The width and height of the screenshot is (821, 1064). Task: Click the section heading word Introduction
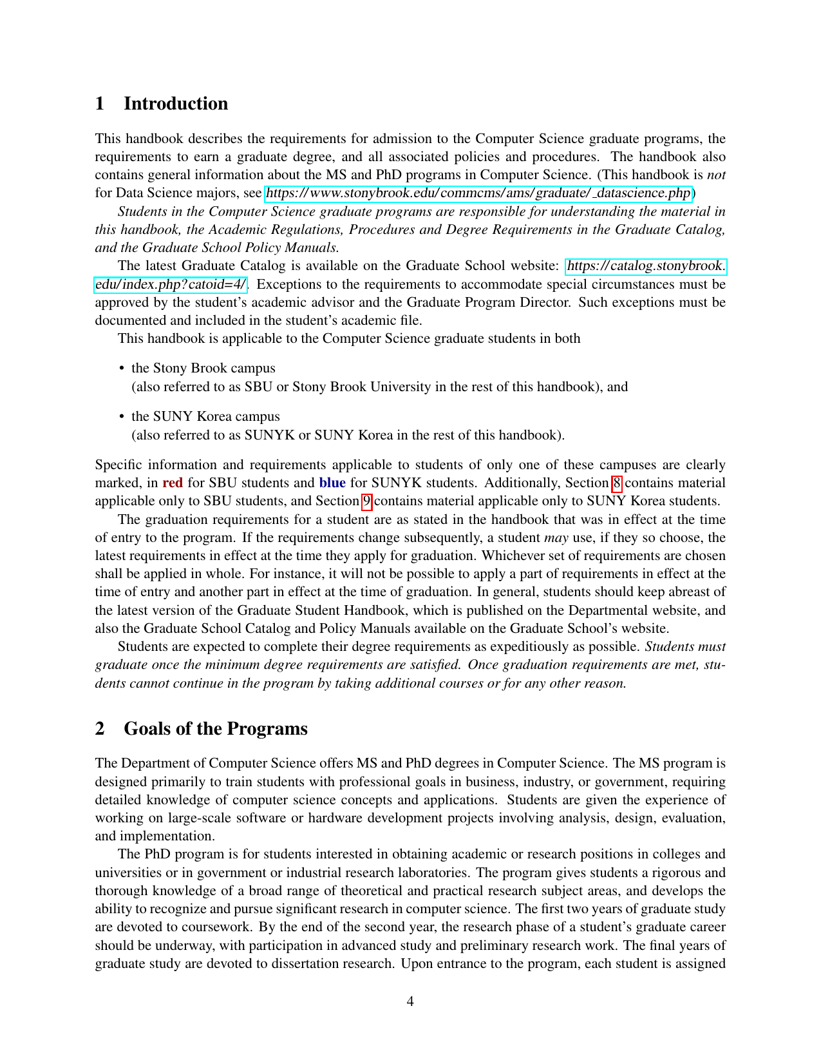tap(175, 104)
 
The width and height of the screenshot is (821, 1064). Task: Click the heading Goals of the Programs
tap(215, 729)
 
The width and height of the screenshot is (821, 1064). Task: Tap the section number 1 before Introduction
tap(100, 104)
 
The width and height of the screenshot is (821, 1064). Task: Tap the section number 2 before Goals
tap(100, 729)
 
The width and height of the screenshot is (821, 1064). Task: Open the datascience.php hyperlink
tap(478, 193)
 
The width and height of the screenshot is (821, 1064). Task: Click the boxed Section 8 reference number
tap(616, 483)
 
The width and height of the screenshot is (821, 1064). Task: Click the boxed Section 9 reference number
tap(366, 501)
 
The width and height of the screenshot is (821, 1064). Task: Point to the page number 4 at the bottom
tap(410, 1001)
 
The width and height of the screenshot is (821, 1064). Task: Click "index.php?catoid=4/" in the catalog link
tap(170, 284)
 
